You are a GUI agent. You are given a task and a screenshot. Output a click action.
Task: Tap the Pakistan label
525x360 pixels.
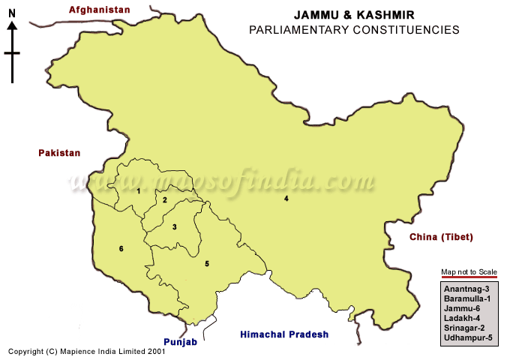coord(59,153)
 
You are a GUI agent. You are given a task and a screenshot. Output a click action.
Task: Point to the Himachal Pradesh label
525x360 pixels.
coord(284,334)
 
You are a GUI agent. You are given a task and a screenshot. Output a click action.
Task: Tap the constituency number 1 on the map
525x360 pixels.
coord(138,190)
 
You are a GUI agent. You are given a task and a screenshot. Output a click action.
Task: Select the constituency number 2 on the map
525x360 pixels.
coord(165,200)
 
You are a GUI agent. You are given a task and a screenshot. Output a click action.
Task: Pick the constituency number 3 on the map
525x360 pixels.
coord(174,226)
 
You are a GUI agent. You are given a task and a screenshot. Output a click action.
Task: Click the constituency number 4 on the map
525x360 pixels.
coord(286,199)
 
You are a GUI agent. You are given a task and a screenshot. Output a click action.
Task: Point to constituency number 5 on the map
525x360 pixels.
coord(206,263)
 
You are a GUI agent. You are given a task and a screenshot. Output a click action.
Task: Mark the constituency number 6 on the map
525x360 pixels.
coord(121,248)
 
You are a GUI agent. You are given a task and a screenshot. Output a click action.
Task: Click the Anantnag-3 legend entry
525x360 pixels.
coord(466,289)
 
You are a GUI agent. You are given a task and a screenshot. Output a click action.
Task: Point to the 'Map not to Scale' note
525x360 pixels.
coord(469,271)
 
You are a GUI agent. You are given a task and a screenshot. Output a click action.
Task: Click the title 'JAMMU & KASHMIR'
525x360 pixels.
coord(353,15)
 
